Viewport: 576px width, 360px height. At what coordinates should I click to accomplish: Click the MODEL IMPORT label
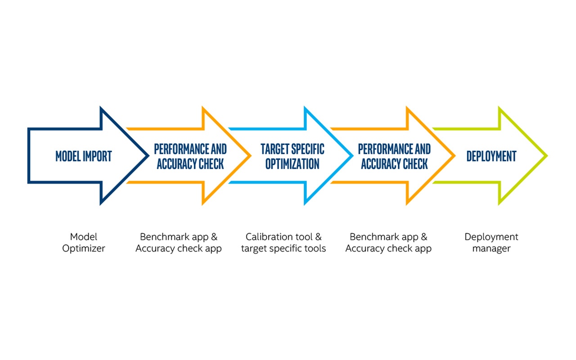84,156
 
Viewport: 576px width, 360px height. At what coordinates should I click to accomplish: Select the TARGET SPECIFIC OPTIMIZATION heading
292,156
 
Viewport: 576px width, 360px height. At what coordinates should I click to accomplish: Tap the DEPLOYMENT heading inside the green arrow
491,156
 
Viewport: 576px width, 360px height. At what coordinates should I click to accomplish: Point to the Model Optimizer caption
84,243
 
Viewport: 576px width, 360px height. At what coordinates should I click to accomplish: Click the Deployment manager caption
491,243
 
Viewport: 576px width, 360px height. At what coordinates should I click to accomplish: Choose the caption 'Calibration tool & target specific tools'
283,243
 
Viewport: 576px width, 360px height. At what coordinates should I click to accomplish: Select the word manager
491,248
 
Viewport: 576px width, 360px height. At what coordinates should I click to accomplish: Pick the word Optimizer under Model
84,248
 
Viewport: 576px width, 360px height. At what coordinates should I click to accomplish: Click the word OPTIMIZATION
292,164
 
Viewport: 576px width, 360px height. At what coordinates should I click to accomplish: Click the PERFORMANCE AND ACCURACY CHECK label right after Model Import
190,156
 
